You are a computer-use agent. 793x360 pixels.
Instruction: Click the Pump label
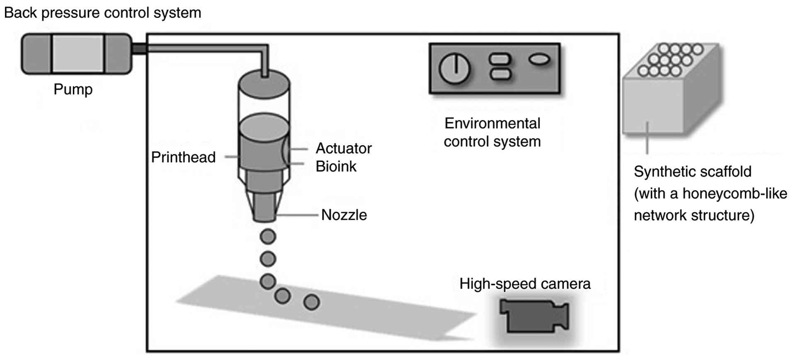pos(73,90)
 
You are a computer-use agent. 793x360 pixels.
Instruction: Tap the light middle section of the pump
pos(78,54)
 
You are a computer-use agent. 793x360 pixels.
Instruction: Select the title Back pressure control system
pos(102,13)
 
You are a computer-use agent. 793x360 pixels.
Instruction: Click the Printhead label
pos(183,157)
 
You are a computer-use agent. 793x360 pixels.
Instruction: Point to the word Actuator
pos(344,148)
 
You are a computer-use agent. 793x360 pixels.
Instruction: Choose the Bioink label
pos(336,166)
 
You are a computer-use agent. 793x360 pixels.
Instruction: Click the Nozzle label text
pos(344,215)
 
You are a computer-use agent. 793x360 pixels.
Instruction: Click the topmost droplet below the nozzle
pos(268,237)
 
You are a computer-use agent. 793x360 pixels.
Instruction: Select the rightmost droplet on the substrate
pos(312,302)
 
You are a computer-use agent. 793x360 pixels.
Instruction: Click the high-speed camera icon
pos(534,316)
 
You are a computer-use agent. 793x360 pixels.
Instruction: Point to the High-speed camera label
pos(525,284)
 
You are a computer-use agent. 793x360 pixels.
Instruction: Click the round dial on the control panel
pos(455,68)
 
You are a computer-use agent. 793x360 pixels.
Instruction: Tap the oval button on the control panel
pos(539,60)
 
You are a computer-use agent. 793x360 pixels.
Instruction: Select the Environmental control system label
pos(492,132)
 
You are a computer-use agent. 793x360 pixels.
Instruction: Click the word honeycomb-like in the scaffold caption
pos(735,194)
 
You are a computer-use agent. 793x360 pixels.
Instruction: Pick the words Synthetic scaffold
pos(692,172)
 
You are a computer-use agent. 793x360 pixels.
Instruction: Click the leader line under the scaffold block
pos(647,138)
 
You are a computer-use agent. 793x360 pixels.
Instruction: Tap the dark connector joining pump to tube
pos(140,49)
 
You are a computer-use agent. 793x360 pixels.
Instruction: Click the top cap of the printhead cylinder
pos(264,85)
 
